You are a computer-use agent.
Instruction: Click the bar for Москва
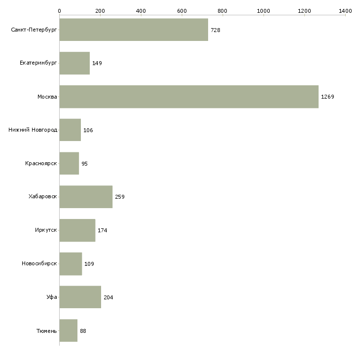[189, 97]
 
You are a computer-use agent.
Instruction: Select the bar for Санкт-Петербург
[134, 30]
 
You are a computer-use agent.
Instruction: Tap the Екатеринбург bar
[74, 63]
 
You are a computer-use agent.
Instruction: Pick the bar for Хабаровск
[86, 197]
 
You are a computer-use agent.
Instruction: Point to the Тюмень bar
[69, 330]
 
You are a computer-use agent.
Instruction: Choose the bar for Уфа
[80, 297]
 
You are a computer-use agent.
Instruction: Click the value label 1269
[327, 97]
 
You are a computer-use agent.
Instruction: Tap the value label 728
[216, 30]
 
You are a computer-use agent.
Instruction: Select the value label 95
[85, 164]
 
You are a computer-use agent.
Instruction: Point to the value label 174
[103, 230]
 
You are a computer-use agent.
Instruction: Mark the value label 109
[89, 264]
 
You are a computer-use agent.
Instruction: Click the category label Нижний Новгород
[33, 130]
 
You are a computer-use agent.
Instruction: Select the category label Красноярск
[41, 163]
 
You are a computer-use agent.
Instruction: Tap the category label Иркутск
[46, 230]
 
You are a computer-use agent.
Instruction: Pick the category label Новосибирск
[39, 264]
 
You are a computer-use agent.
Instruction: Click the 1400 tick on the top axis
[345, 10]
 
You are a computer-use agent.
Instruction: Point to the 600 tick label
[181, 10]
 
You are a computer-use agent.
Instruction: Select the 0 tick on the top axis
[59, 10]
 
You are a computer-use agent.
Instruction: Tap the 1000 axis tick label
[263, 10]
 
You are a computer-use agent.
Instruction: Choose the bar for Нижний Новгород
[70, 130]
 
